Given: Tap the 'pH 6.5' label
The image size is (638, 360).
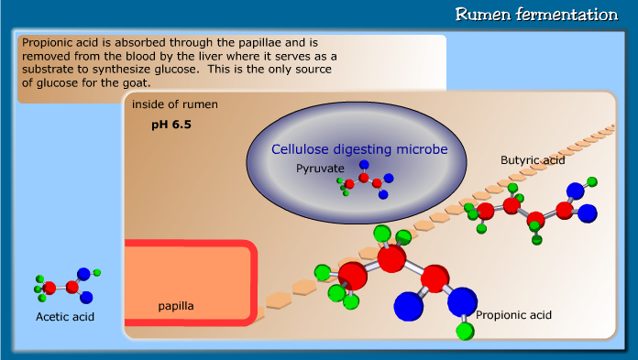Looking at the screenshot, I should (x=171, y=123).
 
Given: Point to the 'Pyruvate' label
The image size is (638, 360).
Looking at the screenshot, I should (x=320, y=169).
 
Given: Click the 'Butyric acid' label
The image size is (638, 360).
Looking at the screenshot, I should (x=533, y=160).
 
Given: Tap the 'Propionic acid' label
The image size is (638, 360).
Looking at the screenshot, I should (x=513, y=315).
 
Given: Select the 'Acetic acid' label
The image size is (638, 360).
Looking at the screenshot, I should (x=65, y=317).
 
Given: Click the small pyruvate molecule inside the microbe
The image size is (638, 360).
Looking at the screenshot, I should (x=365, y=180).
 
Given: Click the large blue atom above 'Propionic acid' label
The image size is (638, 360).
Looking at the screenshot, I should (x=463, y=300).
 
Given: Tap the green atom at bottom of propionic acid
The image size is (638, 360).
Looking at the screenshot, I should (x=465, y=329).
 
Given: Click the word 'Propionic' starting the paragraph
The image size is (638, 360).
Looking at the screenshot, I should (x=48, y=43).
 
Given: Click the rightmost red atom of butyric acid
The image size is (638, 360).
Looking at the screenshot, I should (x=565, y=211).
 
